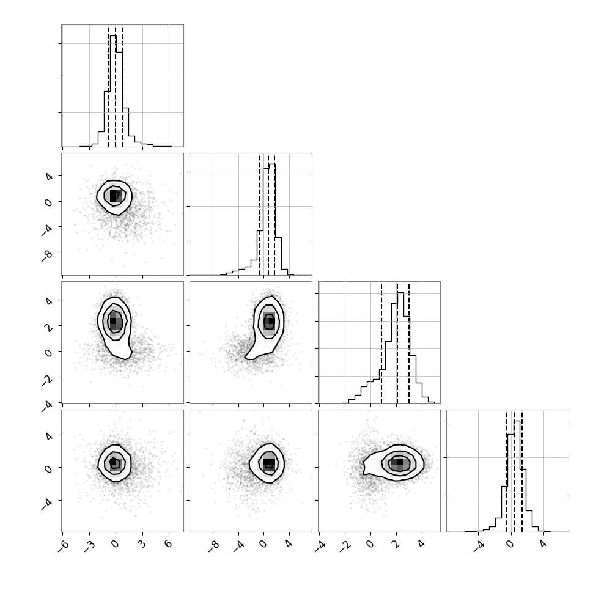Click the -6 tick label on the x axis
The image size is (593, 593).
[64, 545]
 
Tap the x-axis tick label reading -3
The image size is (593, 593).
[90, 545]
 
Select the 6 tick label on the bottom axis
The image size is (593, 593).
[168, 544]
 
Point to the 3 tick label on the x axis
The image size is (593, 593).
[142, 544]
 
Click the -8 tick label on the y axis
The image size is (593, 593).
[47, 256]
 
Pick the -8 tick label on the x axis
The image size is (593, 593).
[214, 545]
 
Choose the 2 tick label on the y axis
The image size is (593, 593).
[49, 326]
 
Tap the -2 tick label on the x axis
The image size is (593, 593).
[345, 545]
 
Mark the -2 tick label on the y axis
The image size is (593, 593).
[47, 380]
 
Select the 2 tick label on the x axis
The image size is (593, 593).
[396, 544]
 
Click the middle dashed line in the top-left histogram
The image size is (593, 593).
[116, 86]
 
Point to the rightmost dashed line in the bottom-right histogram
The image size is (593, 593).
[522, 471]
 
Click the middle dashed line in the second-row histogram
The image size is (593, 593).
[268, 215]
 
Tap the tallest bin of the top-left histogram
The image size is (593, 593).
[113, 90]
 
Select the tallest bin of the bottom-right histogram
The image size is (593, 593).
[517, 476]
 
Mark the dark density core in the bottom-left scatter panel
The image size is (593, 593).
[112, 461]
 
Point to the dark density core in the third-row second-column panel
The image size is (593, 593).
[271, 321]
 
